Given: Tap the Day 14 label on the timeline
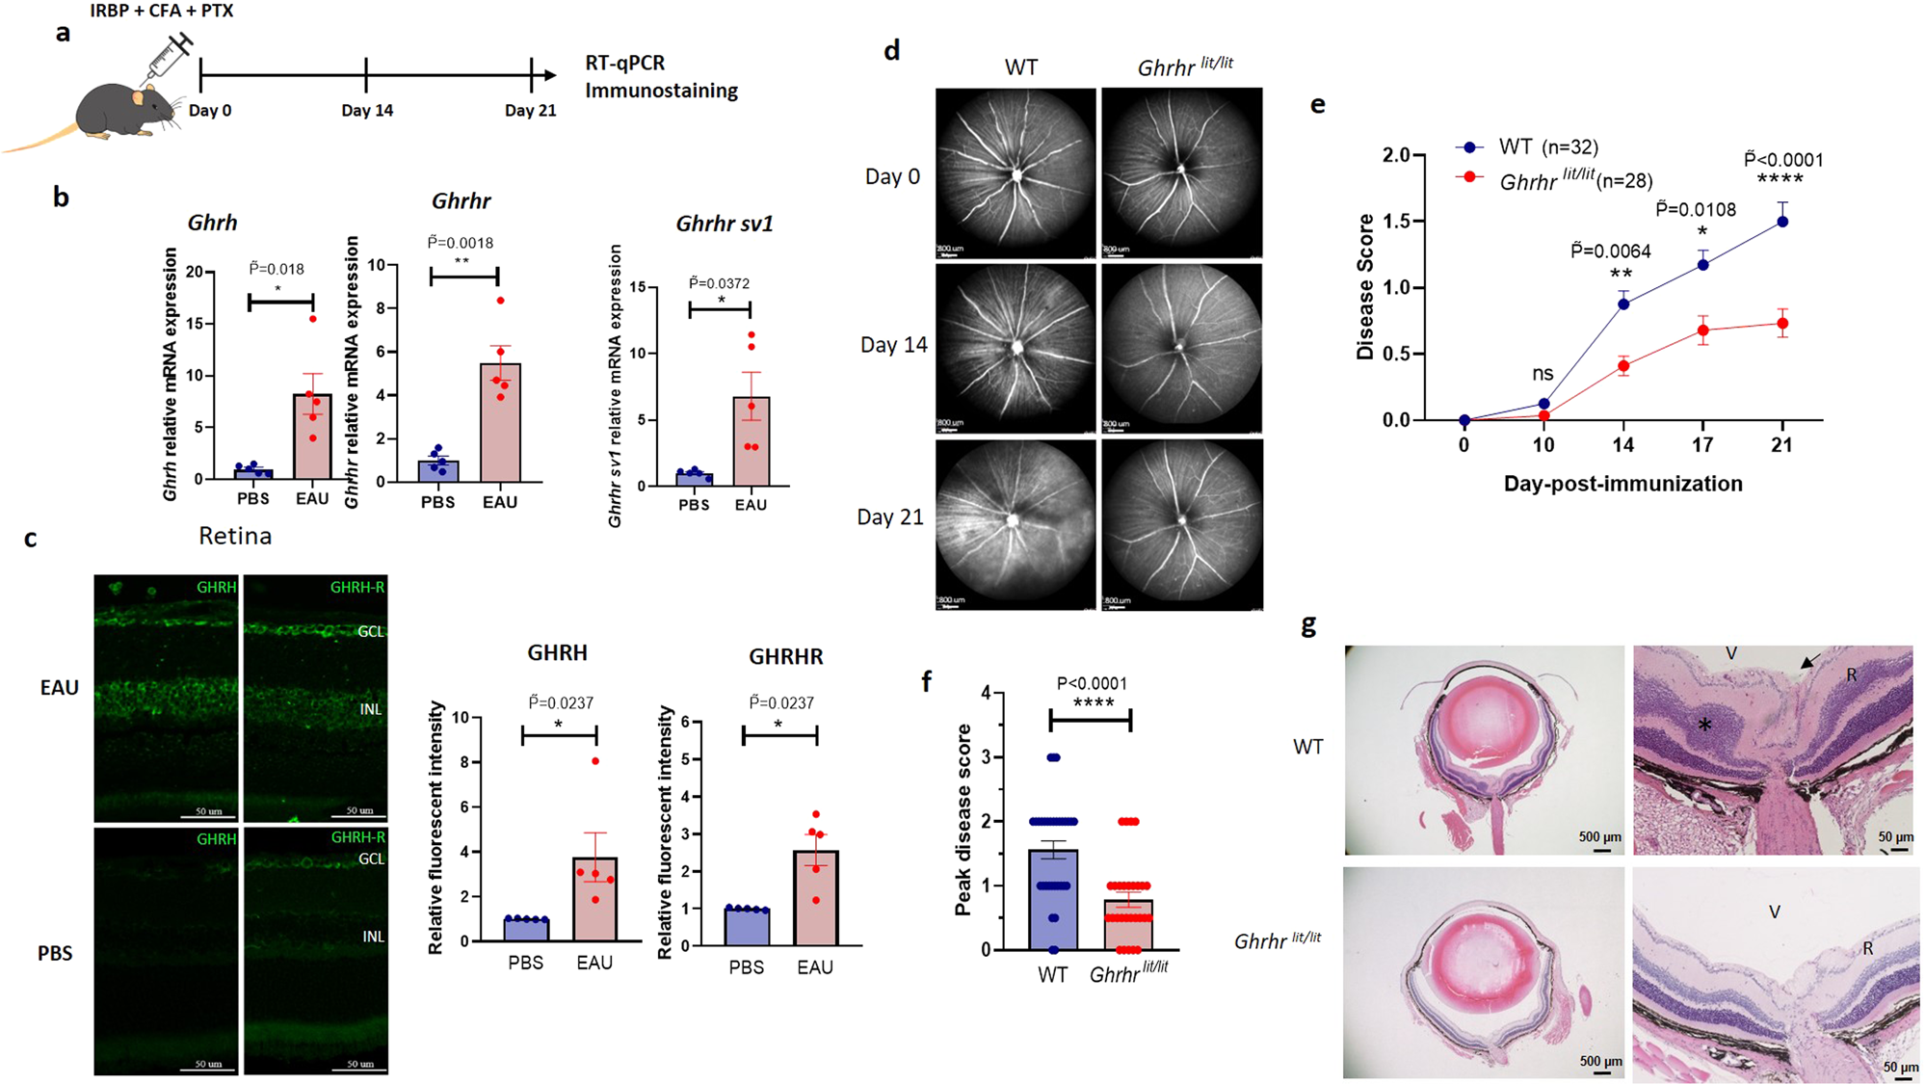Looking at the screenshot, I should coord(367,111).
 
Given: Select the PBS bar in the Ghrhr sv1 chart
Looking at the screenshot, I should coord(694,479).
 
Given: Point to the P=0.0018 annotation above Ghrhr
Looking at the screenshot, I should coord(461,243).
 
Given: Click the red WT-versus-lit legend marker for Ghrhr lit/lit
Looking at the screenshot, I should coord(1470,178).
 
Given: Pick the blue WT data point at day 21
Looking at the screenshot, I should coord(1782,222).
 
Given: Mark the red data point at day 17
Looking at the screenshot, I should coord(1703,330).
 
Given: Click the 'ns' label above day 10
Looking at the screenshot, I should coord(1543,373).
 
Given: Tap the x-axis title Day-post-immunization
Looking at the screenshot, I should coord(1622,484).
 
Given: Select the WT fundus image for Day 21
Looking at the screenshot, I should coord(1015,525).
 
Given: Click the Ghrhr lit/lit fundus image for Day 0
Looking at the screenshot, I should coord(1182,172).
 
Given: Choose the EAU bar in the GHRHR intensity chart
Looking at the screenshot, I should coord(815,897).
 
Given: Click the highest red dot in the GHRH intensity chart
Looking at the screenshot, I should coord(595,761).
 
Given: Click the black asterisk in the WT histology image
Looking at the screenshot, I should coord(1704,725).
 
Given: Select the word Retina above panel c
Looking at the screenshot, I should coord(235,536).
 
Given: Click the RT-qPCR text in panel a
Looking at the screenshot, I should coord(625,64).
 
